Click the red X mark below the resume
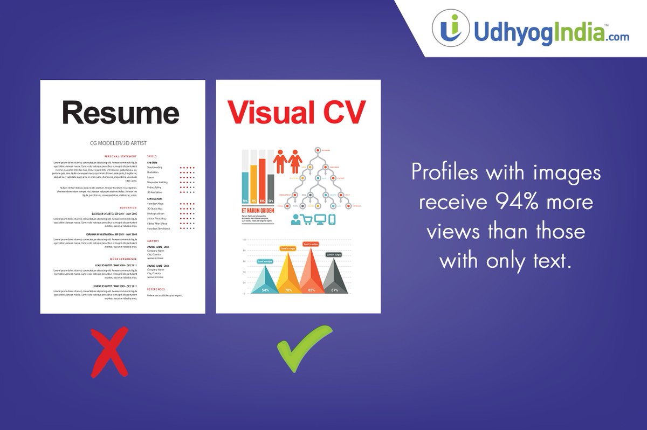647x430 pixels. tap(109, 350)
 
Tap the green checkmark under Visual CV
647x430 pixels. tap(303, 349)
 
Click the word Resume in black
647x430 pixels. tap(120, 113)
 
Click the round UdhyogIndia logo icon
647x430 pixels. tap(451, 27)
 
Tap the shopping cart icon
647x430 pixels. tap(307, 219)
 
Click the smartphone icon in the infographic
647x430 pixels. tap(332, 219)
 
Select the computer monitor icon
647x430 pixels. tap(320, 219)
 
